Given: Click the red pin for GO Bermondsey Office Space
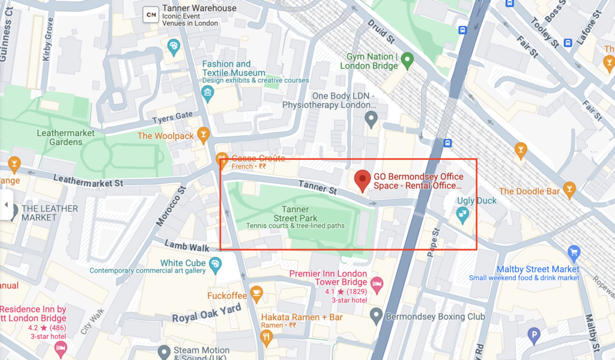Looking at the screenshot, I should (362, 180).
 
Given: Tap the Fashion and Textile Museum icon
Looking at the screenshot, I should (208, 93).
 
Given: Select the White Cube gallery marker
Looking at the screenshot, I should (215, 263).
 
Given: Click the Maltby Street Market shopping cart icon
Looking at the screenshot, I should (574, 252).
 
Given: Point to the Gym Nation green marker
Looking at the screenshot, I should (407, 59).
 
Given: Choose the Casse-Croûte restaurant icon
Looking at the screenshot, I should (222, 159).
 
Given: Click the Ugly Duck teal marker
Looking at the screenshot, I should (462, 213).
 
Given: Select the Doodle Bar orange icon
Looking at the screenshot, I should (569, 191).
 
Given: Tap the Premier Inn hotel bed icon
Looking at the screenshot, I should (377, 283).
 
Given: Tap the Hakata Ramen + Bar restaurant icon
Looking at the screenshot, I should (267, 337).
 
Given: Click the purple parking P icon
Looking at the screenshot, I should (533, 336).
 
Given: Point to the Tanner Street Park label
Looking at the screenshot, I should (295, 213).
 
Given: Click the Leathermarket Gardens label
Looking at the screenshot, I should (59, 138).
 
